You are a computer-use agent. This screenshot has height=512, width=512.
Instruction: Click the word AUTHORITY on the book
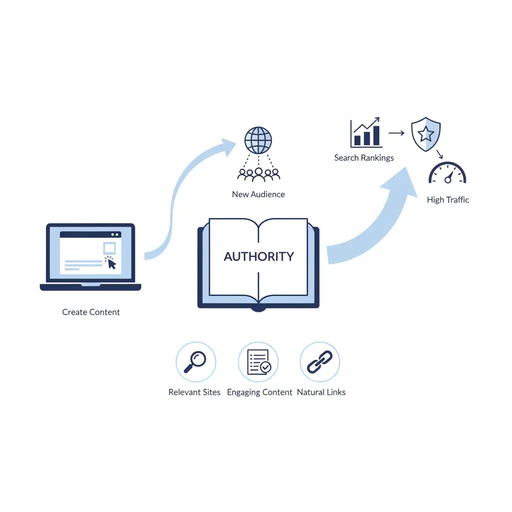[258, 256]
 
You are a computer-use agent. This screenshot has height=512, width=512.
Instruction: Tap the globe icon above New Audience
[258, 140]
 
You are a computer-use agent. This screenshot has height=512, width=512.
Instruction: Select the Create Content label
[91, 312]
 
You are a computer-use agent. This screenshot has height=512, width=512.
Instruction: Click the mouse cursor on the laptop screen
[111, 263]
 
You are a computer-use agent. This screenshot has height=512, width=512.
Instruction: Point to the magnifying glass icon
[195, 361]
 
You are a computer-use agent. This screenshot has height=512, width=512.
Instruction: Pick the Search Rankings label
[364, 158]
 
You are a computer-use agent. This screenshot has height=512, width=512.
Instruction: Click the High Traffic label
[448, 200]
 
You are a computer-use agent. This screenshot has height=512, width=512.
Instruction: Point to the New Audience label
[258, 194]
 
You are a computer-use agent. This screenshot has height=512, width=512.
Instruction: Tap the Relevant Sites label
[194, 392]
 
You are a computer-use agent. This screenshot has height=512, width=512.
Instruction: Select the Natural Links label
[321, 392]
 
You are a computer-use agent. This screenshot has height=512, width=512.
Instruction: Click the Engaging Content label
[259, 392]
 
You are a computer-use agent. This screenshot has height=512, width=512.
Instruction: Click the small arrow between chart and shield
[396, 133]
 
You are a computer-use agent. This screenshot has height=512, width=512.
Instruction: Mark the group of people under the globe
[258, 173]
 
